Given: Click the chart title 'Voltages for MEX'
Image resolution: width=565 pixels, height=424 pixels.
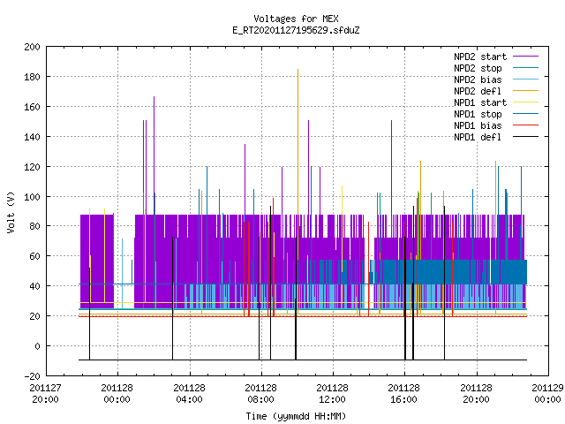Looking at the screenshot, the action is [x=296, y=19].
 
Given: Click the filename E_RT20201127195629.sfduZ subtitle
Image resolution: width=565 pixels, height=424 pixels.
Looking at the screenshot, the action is [x=296, y=30].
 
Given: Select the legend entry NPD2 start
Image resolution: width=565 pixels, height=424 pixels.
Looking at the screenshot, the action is [x=480, y=57].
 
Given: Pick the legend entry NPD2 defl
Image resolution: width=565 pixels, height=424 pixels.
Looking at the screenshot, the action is [x=478, y=91].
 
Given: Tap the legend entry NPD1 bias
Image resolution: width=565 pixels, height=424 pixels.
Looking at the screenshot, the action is [x=478, y=125].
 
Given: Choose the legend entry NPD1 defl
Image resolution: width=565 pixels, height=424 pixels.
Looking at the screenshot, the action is [x=478, y=137].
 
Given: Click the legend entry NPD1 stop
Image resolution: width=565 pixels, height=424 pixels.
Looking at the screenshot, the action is [x=478, y=114].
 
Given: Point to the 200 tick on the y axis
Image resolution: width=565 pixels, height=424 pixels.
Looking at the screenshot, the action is [x=33, y=47].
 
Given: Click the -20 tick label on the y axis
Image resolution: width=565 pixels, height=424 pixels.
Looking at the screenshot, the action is [x=33, y=375].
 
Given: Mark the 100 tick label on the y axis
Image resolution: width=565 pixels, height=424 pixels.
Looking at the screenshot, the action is [x=33, y=197].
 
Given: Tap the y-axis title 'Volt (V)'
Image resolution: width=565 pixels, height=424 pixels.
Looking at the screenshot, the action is [x=11, y=212].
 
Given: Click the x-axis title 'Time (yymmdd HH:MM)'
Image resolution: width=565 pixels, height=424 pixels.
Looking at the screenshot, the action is [x=296, y=416].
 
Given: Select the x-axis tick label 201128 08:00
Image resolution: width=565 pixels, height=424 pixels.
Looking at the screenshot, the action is [x=261, y=393].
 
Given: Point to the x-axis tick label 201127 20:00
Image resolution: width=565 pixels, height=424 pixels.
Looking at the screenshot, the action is [x=45, y=393].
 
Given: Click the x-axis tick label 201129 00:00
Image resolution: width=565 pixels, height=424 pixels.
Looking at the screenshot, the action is [x=547, y=393].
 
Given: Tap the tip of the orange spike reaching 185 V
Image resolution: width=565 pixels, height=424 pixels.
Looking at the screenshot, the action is [x=298, y=69].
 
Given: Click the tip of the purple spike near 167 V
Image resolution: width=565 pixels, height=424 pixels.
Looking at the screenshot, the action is [x=154, y=96].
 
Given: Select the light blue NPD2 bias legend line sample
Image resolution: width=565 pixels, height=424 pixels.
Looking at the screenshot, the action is [x=526, y=79].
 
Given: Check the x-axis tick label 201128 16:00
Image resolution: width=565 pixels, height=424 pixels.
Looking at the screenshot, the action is [x=404, y=393].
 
